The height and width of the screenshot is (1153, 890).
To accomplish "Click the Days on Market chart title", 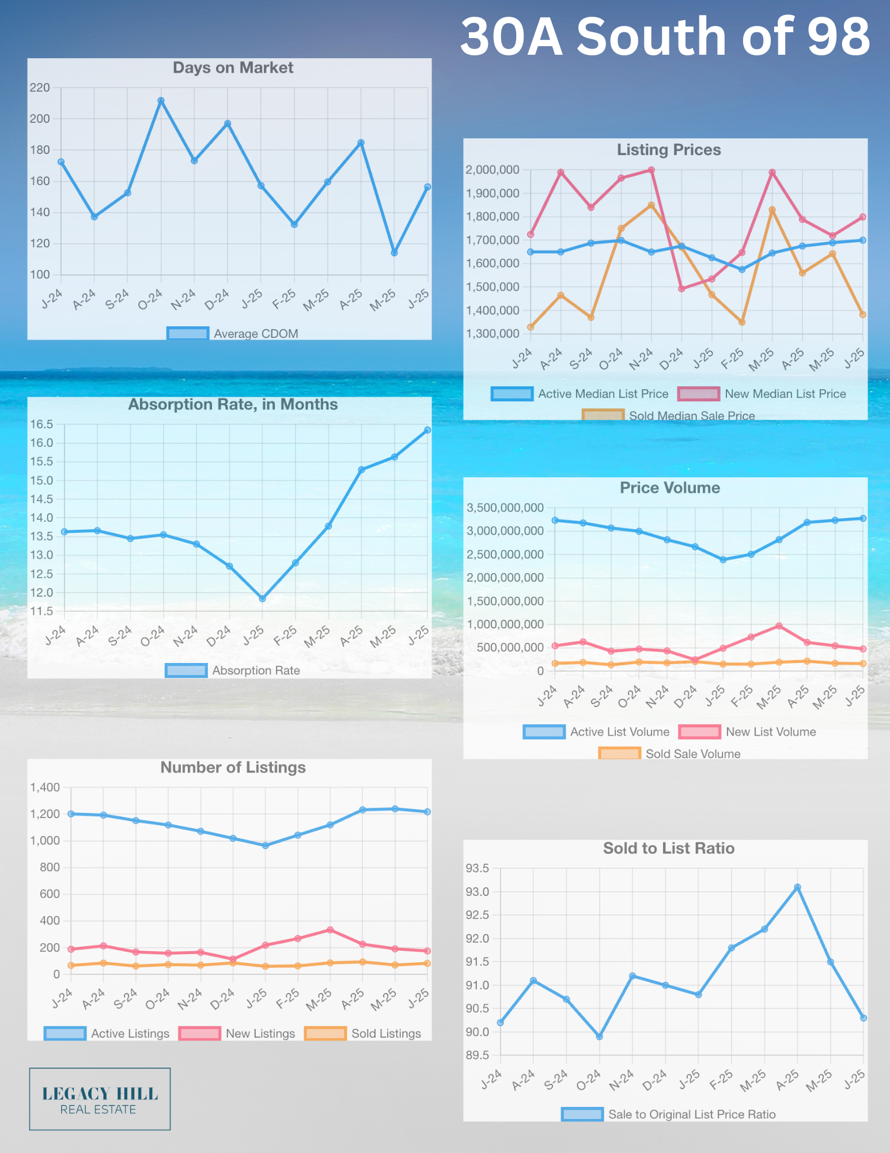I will click(233, 68).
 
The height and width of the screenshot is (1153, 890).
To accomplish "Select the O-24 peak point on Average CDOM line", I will click(161, 101).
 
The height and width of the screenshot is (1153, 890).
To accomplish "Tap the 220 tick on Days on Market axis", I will click(40, 88).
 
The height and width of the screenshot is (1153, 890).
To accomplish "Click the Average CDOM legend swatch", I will click(188, 333).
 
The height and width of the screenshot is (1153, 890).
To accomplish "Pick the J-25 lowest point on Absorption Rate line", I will click(263, 598).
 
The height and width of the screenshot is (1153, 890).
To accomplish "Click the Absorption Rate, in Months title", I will click(233, 405).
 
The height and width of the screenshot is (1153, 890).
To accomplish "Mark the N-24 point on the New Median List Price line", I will click(652, 170).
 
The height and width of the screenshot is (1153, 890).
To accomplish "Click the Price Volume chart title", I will click(670, 488).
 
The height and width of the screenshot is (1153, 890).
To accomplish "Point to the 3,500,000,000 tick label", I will click(505, 508).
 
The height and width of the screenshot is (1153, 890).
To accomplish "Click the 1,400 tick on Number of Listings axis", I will click(45, 787).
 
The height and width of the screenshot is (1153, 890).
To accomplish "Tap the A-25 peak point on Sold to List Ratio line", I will click(798, 887).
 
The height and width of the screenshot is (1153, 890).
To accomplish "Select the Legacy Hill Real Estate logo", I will click(100, 1099).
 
